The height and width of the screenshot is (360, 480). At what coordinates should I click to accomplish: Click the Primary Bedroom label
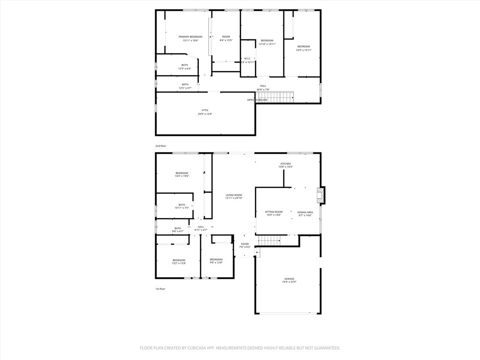coord(190,37)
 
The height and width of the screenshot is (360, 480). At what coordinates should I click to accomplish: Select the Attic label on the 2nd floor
coord(205,110)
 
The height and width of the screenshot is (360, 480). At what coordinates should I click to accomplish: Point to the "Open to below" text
coord(257,100)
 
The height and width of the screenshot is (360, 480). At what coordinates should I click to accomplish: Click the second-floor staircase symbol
coord(275,97)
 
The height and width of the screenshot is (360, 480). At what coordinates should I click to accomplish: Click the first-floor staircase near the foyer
coord(269,240)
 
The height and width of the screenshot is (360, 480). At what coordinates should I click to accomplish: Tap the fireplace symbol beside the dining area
coord(320,195)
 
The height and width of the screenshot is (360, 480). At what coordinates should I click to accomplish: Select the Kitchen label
coord(285,164)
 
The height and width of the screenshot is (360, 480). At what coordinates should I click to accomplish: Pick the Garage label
coord(289,279)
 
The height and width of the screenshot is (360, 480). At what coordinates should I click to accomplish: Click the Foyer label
coord(245,244)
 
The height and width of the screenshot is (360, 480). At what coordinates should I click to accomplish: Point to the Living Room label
coord(233,195)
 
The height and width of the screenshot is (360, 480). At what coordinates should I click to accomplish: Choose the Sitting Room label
coord(273,212)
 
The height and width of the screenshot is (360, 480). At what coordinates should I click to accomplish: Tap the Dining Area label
coord(305,212)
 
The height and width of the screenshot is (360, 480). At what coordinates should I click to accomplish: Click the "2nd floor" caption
coord(161,146)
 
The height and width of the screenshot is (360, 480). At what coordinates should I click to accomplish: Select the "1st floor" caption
coord(160,289)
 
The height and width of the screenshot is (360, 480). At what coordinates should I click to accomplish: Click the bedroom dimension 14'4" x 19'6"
coord(181,176)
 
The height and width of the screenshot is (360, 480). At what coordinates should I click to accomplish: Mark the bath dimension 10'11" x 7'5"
coord(181,208)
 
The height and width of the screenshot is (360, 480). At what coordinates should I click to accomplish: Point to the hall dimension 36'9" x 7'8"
coord(263,89)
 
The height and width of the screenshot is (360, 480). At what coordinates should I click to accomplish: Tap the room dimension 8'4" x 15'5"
coord(226,40)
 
